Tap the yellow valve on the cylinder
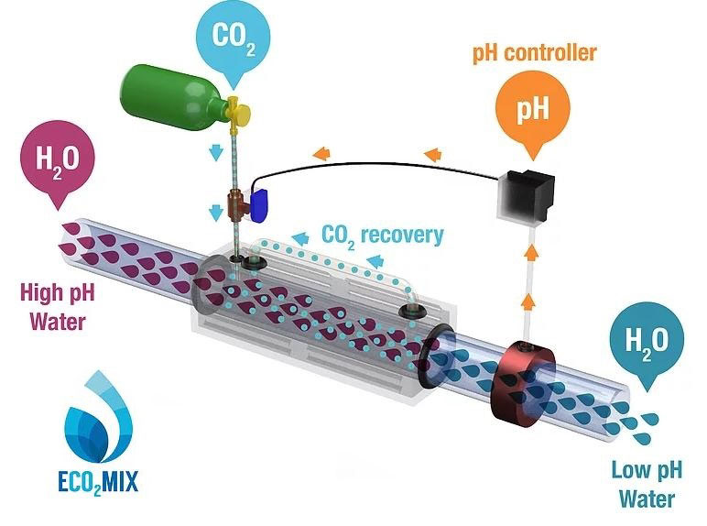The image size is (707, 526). click(x=239, y=111)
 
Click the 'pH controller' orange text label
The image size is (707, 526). click(x=534, y=52)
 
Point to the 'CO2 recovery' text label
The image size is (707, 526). click(x=382, y=234)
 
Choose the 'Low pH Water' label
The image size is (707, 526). click(x=645, y=485)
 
